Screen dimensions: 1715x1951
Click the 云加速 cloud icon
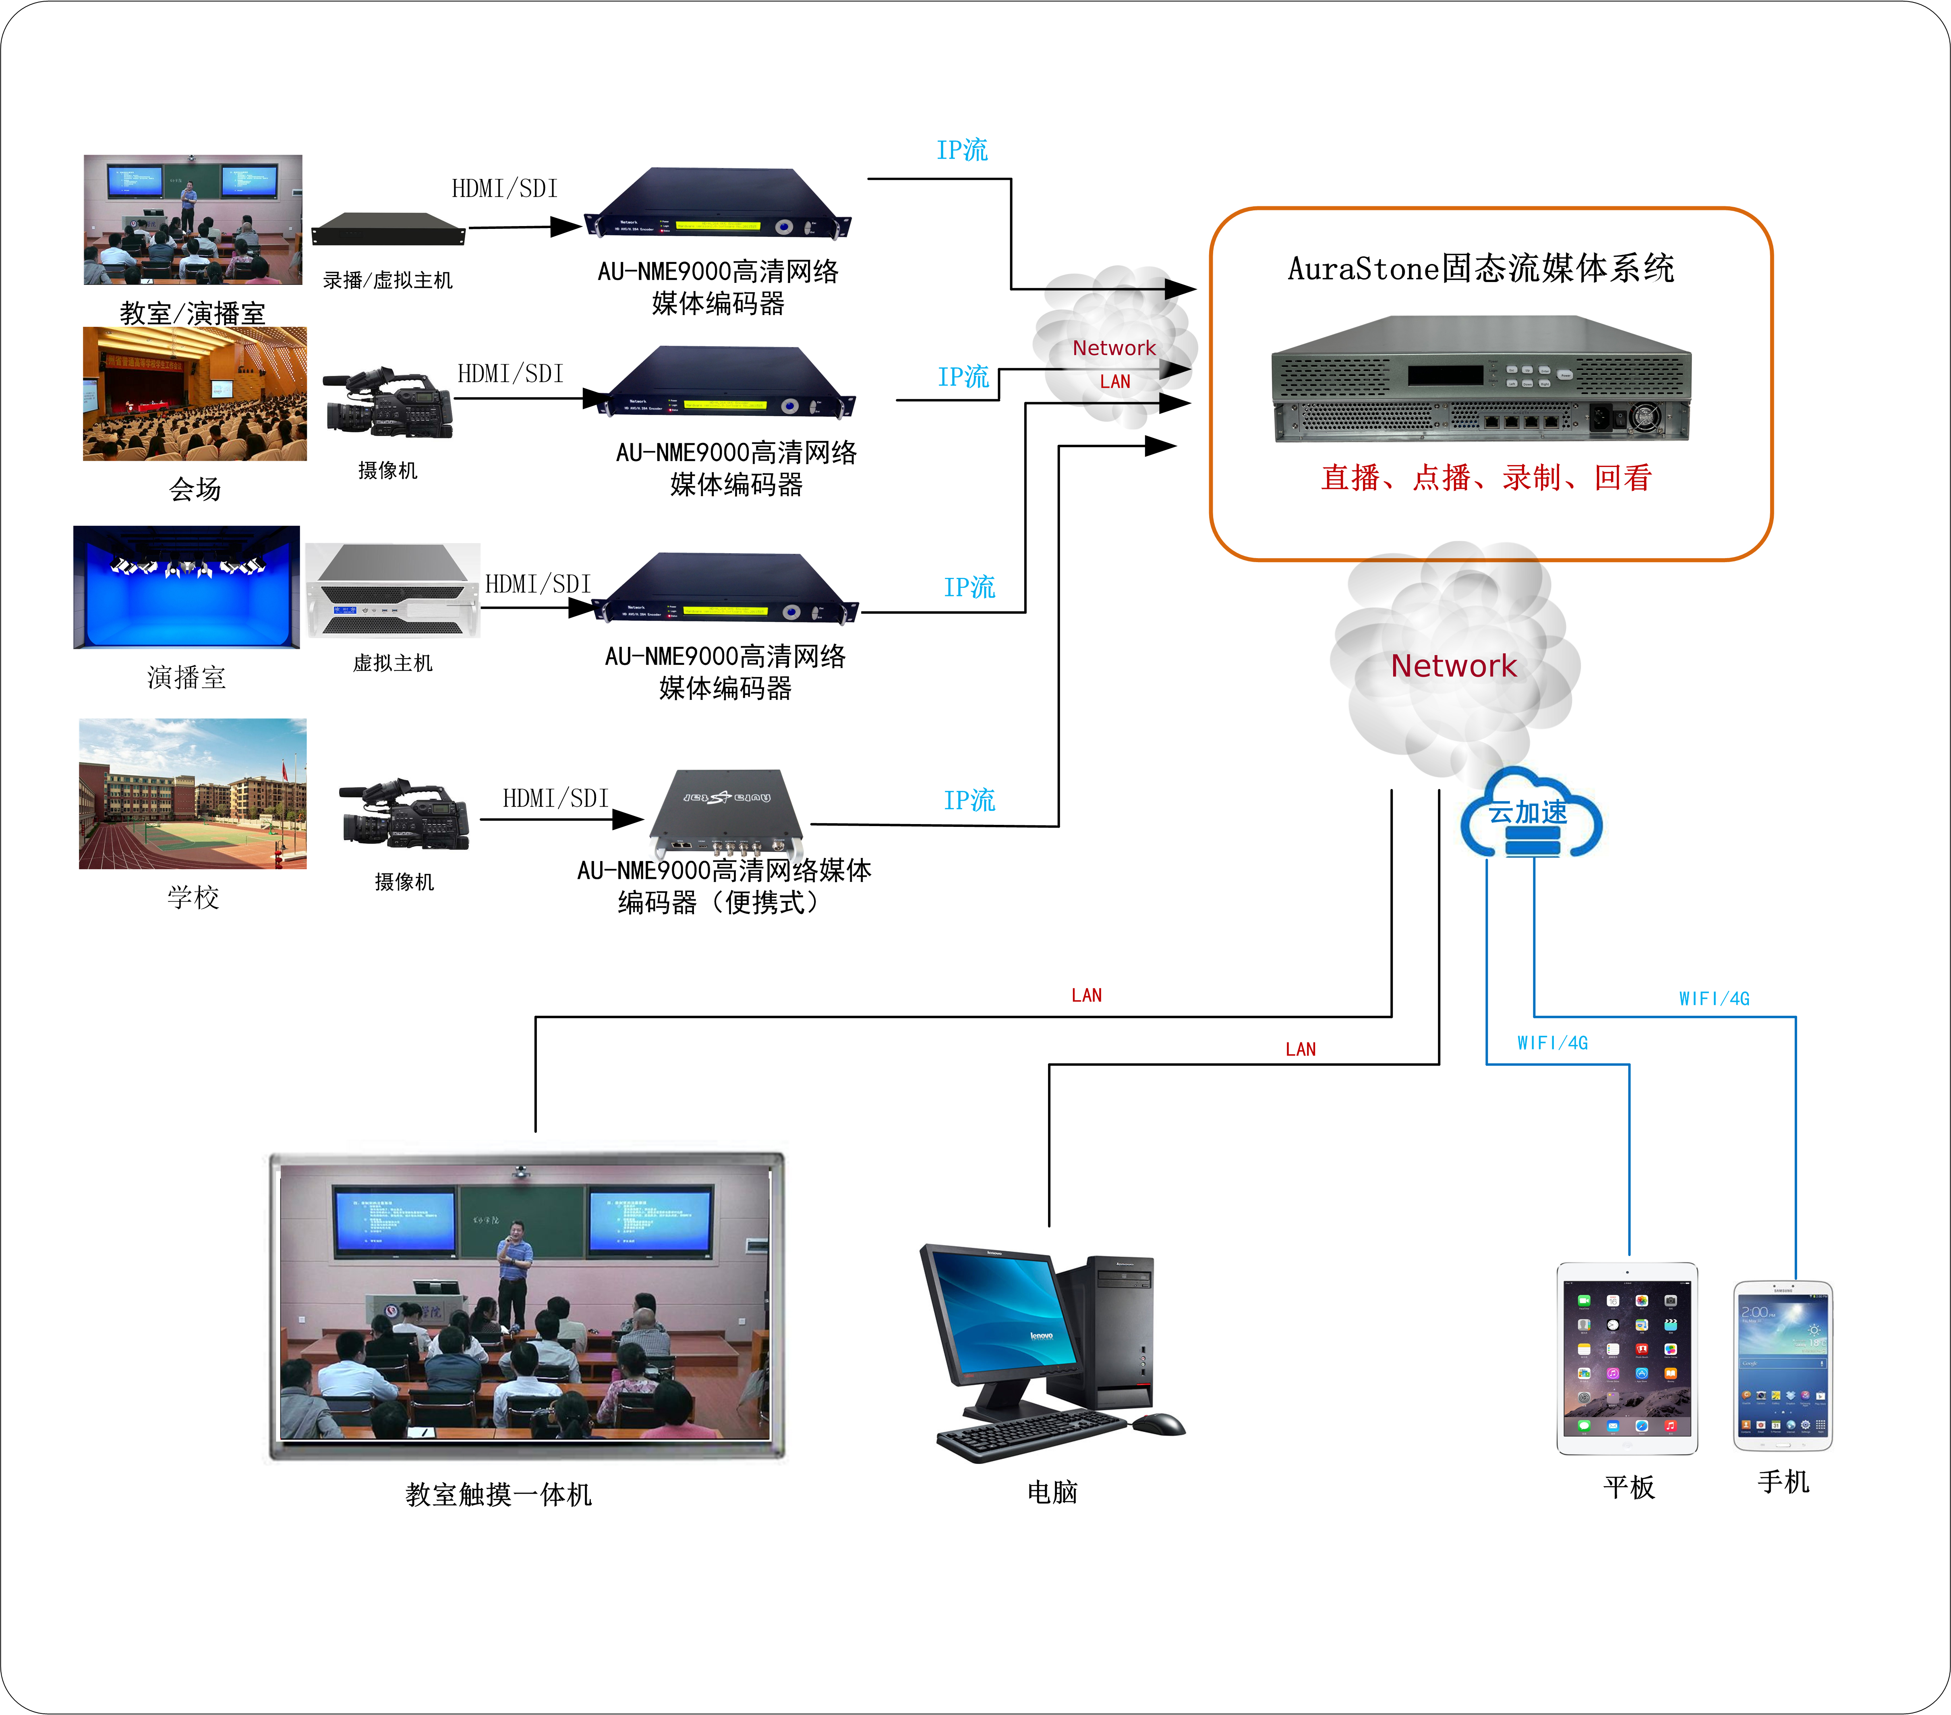click(x=1530, y=814)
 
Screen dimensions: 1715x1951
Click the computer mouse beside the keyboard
click(x=1159, y=1424)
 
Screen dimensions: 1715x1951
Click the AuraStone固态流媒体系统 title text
click(x=1481, y=268)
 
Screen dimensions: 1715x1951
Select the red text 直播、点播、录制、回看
click(x=1485, y=478)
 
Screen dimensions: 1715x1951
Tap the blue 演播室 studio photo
click(x=187, y=586)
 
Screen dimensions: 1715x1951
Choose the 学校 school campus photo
click(x=193, y=793)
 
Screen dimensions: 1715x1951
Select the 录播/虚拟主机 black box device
click(x=387, y=229)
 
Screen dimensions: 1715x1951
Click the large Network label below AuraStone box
click(x=1453, y=666)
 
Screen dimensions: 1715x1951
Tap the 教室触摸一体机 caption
click(x=498, y=1495)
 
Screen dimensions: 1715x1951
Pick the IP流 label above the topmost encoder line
click(x=961, y=150)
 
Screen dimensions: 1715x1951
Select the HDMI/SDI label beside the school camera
click(x=555, y=798)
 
